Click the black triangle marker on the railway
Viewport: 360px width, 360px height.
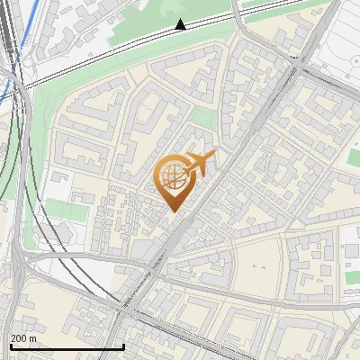(181, 24)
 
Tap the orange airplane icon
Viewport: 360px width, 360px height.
(201, 164)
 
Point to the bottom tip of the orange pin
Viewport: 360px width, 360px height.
(174, 211)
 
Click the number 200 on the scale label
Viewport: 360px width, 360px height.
(20, 338)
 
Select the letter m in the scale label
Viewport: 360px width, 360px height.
(33, 338)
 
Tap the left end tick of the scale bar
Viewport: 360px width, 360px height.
(10, 346)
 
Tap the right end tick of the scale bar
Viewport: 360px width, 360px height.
(123, 346)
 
